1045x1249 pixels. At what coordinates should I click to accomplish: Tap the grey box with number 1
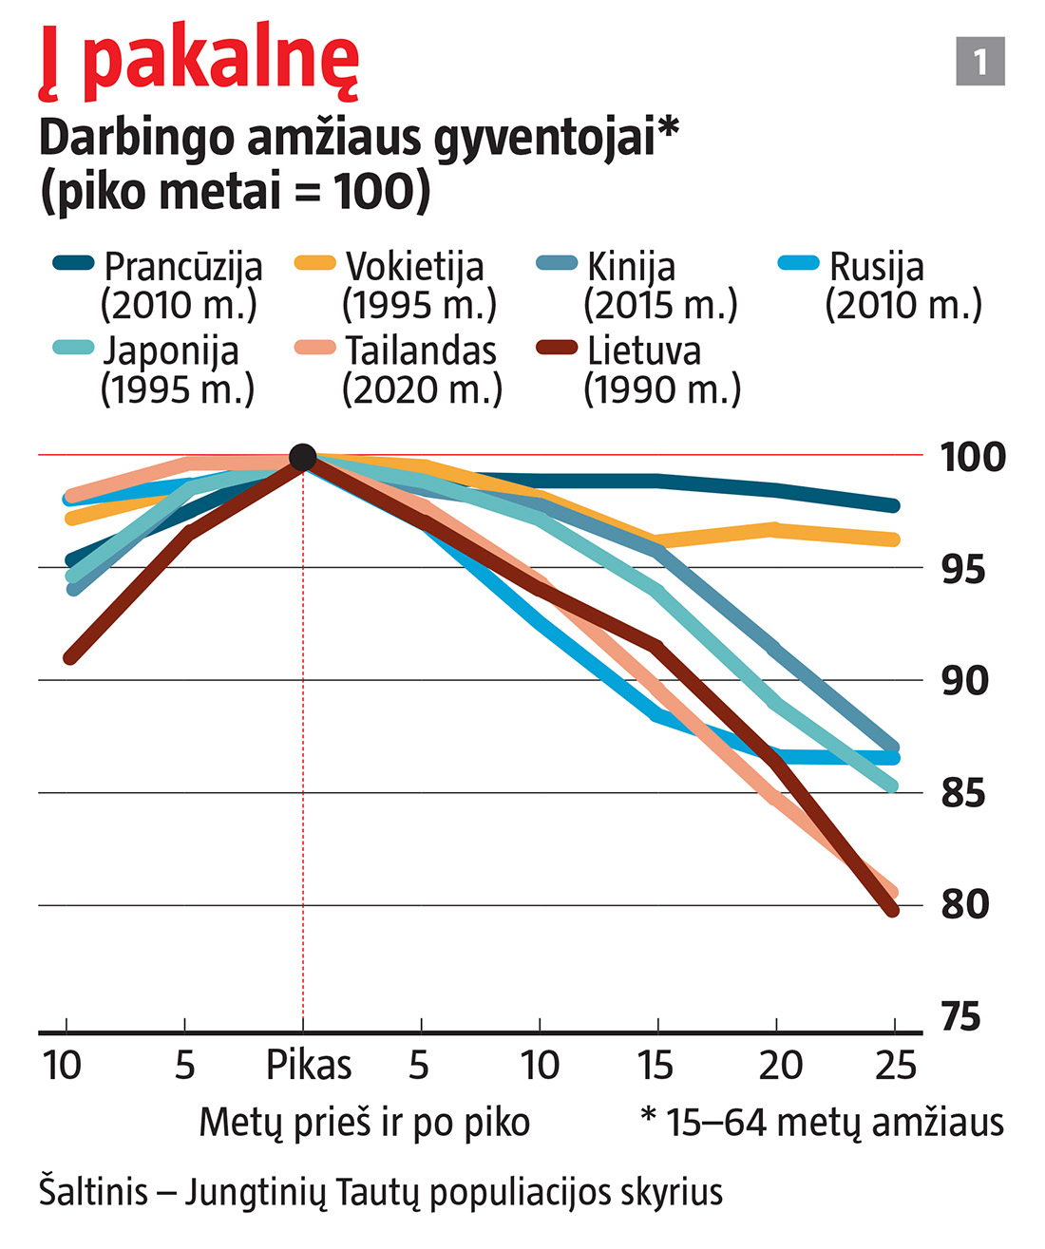(979, 62)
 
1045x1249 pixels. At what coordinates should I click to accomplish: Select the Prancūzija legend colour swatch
(73, 263)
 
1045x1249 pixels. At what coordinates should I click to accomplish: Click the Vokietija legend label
(415, 268)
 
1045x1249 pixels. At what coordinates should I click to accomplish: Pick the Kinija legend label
(632, 268)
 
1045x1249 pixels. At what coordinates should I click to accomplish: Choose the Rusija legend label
(876, 268)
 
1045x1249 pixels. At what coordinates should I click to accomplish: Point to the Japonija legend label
(171, 351)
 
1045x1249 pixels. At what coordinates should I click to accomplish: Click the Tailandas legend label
(421, 351)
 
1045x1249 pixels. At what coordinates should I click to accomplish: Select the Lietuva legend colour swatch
(557, 347)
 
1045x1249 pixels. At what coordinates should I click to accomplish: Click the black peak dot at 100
(302, 457)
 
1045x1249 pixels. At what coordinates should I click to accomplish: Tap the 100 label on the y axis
(973, 457)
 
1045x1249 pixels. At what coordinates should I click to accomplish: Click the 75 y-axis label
(961, 1017)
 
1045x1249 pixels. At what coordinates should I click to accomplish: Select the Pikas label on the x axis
(309, 1066)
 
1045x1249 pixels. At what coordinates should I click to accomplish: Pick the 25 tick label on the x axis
(895, 1066)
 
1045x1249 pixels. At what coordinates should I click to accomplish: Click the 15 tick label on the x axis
(655, 1066)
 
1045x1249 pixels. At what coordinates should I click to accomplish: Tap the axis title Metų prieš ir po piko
(364, 1123)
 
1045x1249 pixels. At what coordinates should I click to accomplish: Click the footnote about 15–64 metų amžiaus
(823, 1123)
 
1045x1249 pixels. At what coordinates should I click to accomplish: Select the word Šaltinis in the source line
(93, 1192)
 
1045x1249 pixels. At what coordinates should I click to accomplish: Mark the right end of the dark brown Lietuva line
(892, 911)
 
